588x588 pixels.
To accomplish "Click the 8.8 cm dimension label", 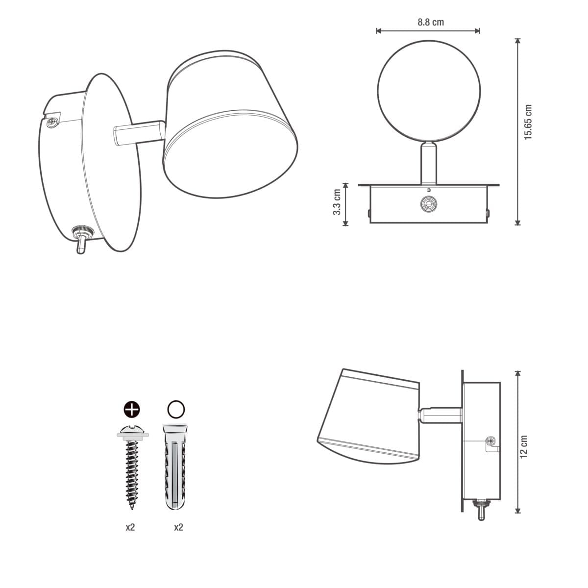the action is (x=430, y=22).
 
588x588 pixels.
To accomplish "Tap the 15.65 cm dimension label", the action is (x=528, y=122).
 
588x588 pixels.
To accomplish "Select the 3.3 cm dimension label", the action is (x=337, y=202).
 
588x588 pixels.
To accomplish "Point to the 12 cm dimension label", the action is (x=524, y=446).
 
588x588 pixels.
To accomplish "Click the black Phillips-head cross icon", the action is (x=132, y=409).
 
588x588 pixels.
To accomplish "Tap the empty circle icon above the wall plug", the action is (x=176, y=409).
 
